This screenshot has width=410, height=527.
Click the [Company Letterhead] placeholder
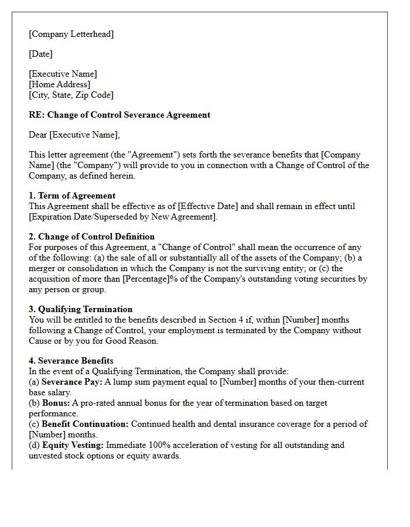pos(71,34)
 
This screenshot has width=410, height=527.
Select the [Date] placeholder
pos(40,54)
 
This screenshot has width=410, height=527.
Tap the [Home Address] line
pos(59,84)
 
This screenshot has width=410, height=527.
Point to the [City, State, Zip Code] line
pos(71,95)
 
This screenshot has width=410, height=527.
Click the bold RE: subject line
pos(119,115)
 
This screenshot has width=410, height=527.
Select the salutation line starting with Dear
pos(74,135)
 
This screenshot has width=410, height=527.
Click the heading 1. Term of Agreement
pos(72,196)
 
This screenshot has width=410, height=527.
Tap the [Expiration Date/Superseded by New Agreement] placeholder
pos(122,217)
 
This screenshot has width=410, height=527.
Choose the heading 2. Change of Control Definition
pos(91,237)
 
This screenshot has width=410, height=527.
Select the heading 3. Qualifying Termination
pos(80,309)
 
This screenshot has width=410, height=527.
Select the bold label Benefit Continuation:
pos(85,424)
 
